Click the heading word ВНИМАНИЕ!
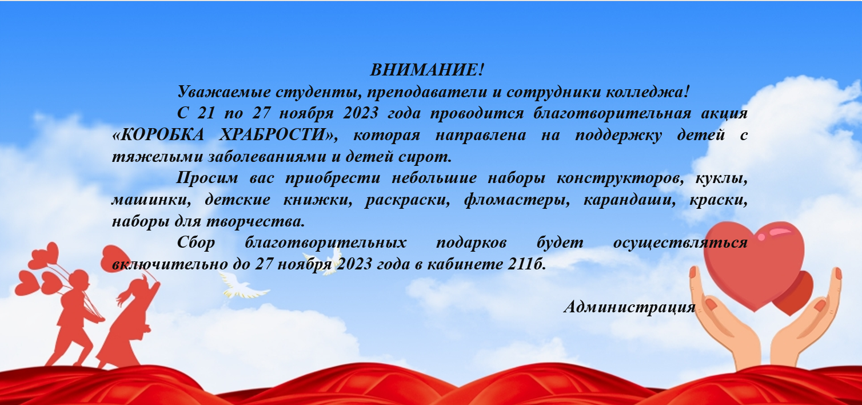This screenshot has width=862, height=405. pos(427,70)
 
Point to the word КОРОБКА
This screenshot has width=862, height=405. pos(158,135)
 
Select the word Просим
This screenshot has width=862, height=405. pos(207,178)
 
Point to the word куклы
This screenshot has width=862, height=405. pos(721,178)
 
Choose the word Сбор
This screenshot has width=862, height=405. pos(196,243)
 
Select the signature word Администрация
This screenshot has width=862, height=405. pos(629,307)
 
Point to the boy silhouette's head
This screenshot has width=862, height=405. pos(79,278)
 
